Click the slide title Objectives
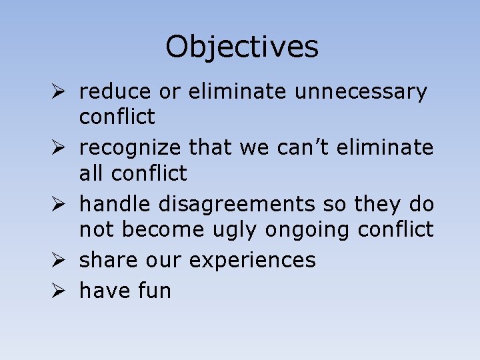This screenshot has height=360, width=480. point(242,47)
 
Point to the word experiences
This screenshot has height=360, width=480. point(252,260)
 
